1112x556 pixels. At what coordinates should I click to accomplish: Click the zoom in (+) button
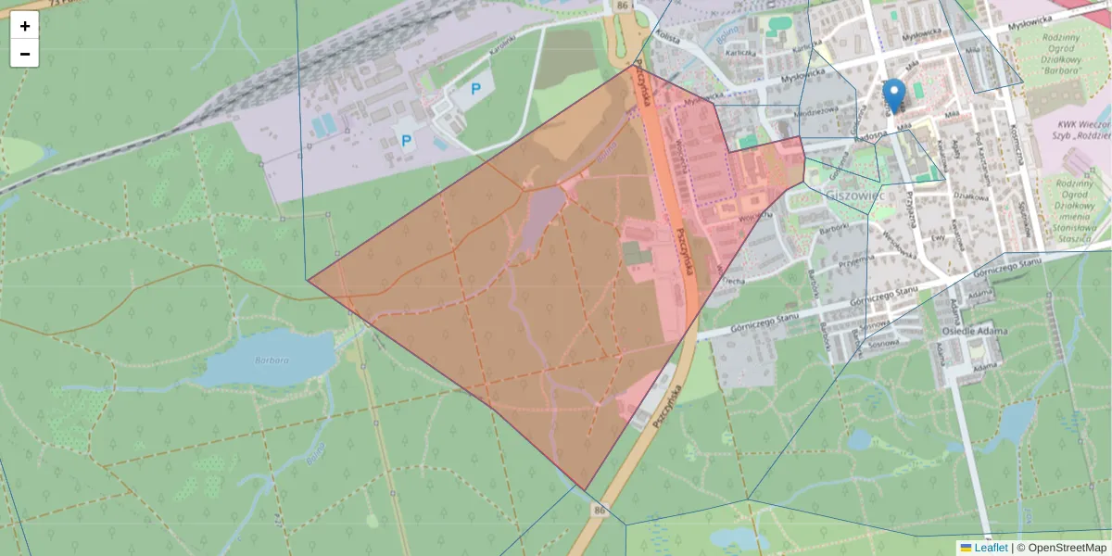coord(25,26)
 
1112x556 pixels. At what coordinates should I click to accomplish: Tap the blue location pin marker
coord(893,95)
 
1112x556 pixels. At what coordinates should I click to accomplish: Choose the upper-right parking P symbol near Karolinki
coord(476,89)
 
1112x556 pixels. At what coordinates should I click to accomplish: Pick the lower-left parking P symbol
coord(405,141)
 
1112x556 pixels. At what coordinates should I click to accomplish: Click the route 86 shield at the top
coord(621,6)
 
